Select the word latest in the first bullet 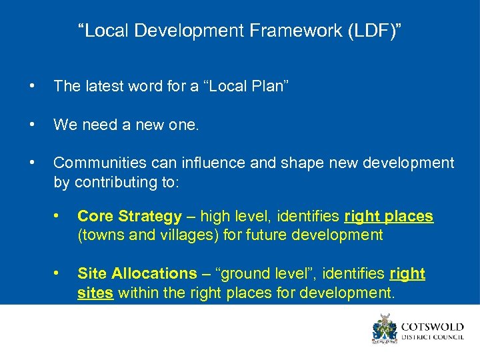(x=103, y=86)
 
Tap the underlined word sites (x=95, y=292)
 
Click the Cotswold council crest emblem (x=384, y=329)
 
